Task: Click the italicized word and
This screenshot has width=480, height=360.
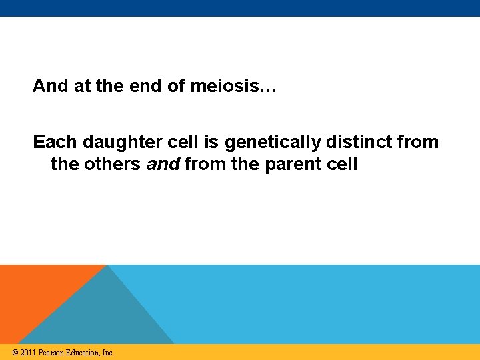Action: pos(163,164)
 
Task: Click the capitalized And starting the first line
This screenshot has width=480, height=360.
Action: pos(50,86)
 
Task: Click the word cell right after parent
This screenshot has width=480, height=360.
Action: pos(342,164)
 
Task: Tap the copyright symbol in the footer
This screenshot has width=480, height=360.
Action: pos(14,353)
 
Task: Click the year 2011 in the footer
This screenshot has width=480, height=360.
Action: pos(28,353)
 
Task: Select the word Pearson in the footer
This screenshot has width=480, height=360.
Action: pos(52,353)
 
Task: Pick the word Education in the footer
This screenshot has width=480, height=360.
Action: pos(83,353)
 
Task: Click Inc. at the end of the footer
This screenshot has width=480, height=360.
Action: pos(108,353)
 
